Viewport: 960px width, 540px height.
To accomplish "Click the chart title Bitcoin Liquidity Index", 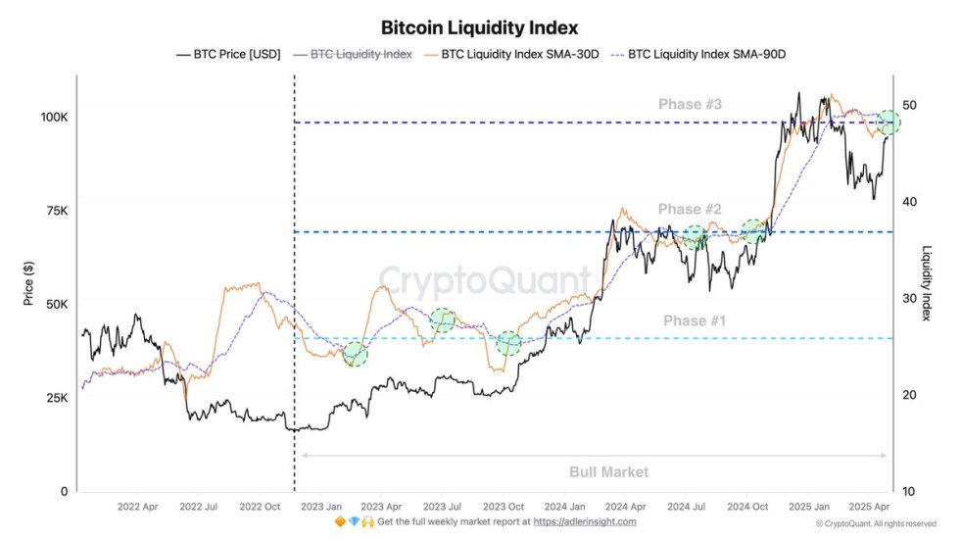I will (479, 27).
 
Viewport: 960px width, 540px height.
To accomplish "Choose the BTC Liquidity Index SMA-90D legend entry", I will (706, 55).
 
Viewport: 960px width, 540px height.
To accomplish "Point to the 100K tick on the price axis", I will (54, 117).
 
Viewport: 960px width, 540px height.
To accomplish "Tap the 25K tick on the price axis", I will (57, 398).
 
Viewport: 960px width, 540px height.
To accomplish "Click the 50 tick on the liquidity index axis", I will (909, 105).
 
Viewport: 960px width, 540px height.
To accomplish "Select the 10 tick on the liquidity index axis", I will (909, 491).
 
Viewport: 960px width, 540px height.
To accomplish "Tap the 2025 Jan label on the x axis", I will (808, 508).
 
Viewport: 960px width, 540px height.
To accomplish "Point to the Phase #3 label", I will (690, 105).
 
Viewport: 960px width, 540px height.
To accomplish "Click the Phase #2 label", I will (690, 209).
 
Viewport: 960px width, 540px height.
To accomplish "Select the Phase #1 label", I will (695, 320).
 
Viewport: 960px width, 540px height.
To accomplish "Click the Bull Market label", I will (608, 471).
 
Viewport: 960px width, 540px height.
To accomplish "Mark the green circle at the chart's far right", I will (888, 123).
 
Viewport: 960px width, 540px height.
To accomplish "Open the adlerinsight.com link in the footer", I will (584, 522).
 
